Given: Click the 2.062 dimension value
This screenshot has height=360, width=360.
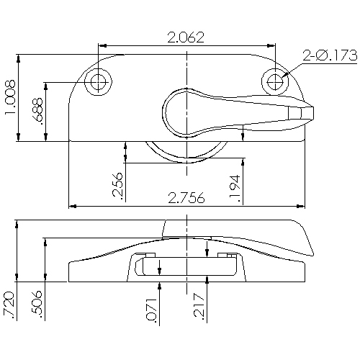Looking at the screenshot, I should pos(186,37).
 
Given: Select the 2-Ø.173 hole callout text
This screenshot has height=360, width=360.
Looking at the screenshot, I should pos(330,53).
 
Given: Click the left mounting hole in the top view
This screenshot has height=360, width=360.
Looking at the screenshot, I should pos(98,81).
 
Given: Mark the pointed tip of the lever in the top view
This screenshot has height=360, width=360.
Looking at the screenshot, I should pos(312,111).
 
